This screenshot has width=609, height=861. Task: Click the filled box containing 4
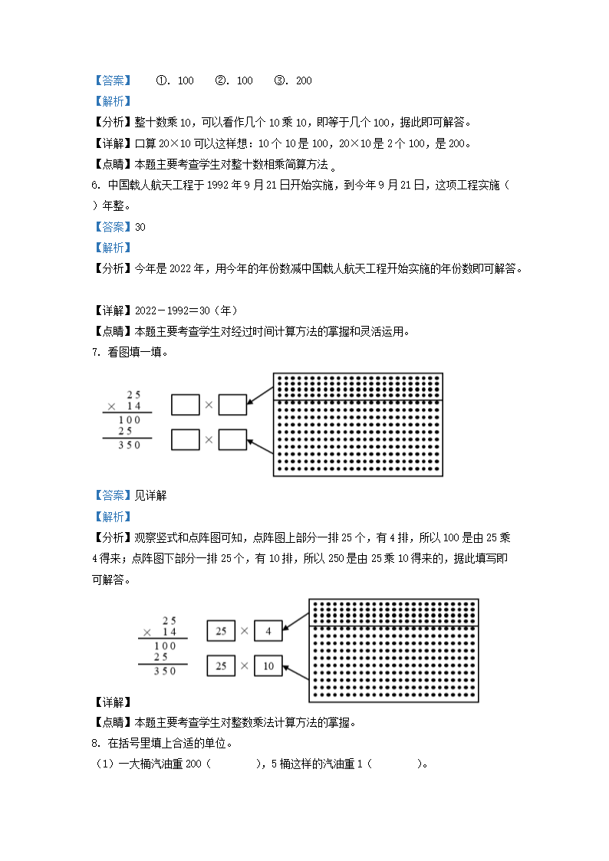[268, 631]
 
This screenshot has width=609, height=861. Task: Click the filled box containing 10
[268, 665]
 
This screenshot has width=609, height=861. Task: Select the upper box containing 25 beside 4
[221, 631]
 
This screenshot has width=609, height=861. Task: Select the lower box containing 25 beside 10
[221, 665]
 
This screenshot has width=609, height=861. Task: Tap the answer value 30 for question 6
[140, 227]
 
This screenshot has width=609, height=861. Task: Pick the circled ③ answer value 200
[303, 81]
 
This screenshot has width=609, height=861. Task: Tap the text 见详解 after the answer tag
[150, 495]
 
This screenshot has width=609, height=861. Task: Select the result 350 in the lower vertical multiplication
[165, 671]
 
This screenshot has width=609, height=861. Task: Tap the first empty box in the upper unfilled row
[185, 404]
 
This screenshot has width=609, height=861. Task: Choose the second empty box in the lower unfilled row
[232, 439]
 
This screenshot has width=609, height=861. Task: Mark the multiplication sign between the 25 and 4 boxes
[244, 631]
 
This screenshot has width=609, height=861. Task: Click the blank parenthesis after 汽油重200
[235, 764]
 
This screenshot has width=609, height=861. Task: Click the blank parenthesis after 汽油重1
[396, 764]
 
